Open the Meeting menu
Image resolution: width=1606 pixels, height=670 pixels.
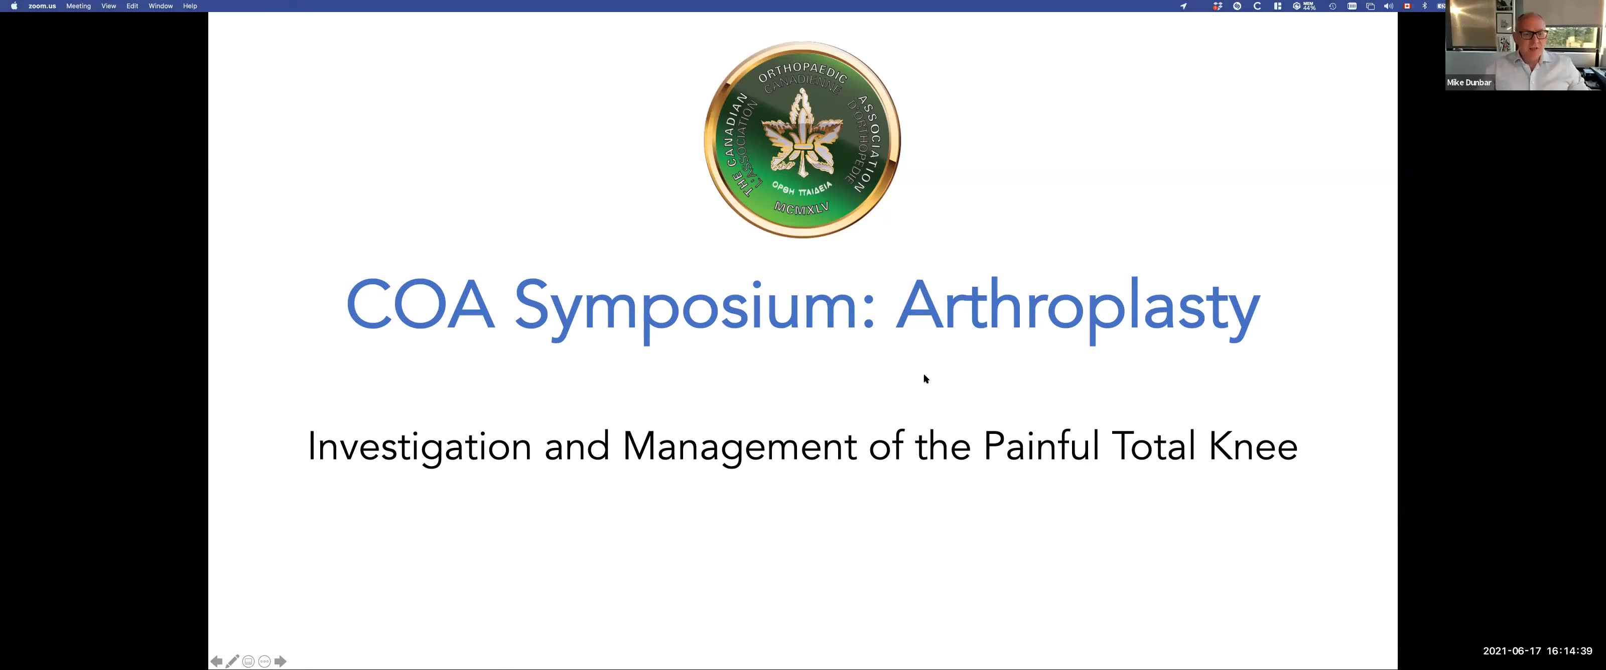79,6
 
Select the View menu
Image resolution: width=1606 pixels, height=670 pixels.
108,6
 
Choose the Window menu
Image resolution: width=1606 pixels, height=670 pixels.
160,6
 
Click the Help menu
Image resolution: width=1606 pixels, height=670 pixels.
190,6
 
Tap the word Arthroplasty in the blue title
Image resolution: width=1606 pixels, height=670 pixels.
1078,309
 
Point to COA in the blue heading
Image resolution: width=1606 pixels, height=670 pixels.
420,305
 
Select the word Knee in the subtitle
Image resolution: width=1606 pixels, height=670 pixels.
1253,446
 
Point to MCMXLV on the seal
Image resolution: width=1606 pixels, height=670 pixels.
802,208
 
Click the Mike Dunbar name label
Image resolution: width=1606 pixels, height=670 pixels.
1469,82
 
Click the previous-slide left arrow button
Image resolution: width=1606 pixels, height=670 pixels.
216,661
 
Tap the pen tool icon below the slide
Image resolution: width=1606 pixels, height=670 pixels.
232,661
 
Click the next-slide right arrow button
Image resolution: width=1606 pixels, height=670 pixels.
281,661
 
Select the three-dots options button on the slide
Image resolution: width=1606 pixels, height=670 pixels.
264,661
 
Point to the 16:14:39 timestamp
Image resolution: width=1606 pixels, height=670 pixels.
1569,650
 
